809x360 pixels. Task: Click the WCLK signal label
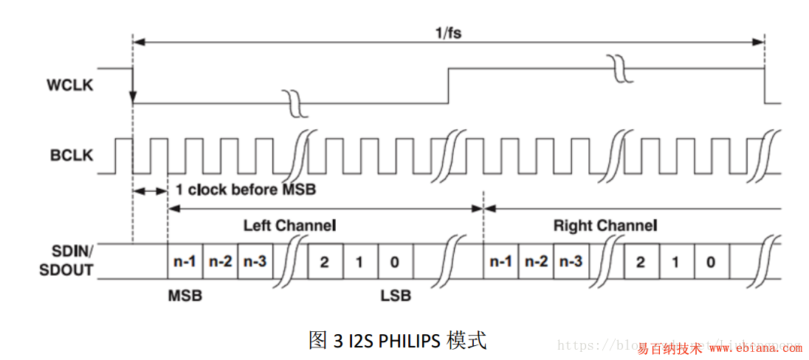coord(69,86)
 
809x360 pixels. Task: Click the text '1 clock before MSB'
coord(246,190)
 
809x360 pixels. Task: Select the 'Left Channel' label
coord(289,225)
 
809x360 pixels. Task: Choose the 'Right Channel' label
coord(605,225)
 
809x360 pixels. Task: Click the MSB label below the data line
coord(185,296)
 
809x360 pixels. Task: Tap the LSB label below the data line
coord(396,296)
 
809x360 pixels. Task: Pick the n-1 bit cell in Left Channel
coord(185,262)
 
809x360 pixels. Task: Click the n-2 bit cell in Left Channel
coord(220,262)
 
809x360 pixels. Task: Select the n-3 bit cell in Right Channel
coord(571,262)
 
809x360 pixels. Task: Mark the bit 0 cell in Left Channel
coord(395,262)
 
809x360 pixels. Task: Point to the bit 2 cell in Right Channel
coord(640,262)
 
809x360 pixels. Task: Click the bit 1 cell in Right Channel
coord(675,262)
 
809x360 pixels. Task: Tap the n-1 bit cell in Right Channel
coord(500,262)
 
